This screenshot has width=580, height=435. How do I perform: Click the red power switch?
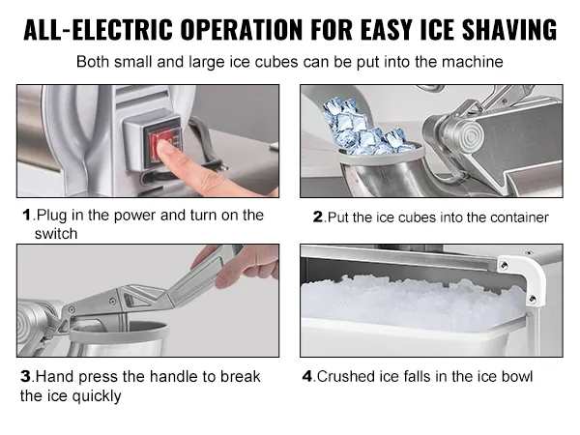(x=159, y=146)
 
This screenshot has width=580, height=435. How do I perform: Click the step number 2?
(x=318, y=217)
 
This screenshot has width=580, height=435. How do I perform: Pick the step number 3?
(x=25, y=376)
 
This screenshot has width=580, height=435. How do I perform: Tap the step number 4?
(x=308, y=376)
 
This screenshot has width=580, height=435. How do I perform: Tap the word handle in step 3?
(x=146, y=376)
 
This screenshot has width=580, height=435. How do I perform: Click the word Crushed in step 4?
(x=345, y=376)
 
